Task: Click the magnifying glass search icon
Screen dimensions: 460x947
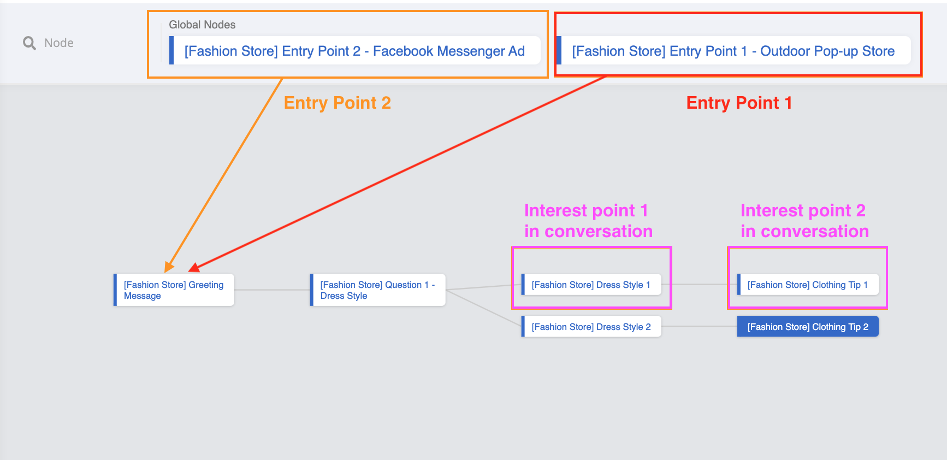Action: (29, 43)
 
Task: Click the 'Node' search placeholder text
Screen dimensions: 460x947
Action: (59, 43)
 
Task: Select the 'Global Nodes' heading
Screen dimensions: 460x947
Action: (202, 25)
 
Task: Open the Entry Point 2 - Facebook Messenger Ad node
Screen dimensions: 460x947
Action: (354, 51)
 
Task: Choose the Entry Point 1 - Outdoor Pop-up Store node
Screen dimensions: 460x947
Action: (733, 51)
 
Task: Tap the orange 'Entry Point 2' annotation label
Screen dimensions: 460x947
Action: (337, 103)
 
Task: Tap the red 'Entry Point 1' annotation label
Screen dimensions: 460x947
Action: (739, 103)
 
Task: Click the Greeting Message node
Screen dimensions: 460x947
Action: (174, 290)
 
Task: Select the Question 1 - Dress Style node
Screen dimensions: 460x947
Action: (377, 290)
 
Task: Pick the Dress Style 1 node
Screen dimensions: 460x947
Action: (591, 285)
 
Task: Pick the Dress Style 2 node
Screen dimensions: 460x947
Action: (591, 327)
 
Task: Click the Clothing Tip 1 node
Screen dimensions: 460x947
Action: (807, 285)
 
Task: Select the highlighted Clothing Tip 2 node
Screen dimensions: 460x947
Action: (807, 327)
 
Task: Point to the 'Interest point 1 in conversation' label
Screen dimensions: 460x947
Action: (588, 221)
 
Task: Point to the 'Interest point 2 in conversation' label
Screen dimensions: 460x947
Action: (804, 221)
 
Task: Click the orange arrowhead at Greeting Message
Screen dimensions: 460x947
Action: (169, 267)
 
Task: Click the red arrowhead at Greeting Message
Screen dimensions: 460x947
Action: (194, 268)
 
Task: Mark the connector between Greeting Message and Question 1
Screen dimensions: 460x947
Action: (272, 290)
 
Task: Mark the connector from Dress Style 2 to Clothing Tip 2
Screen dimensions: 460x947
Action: (699, 327)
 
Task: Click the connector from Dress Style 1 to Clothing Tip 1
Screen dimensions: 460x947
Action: (699, 284)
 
